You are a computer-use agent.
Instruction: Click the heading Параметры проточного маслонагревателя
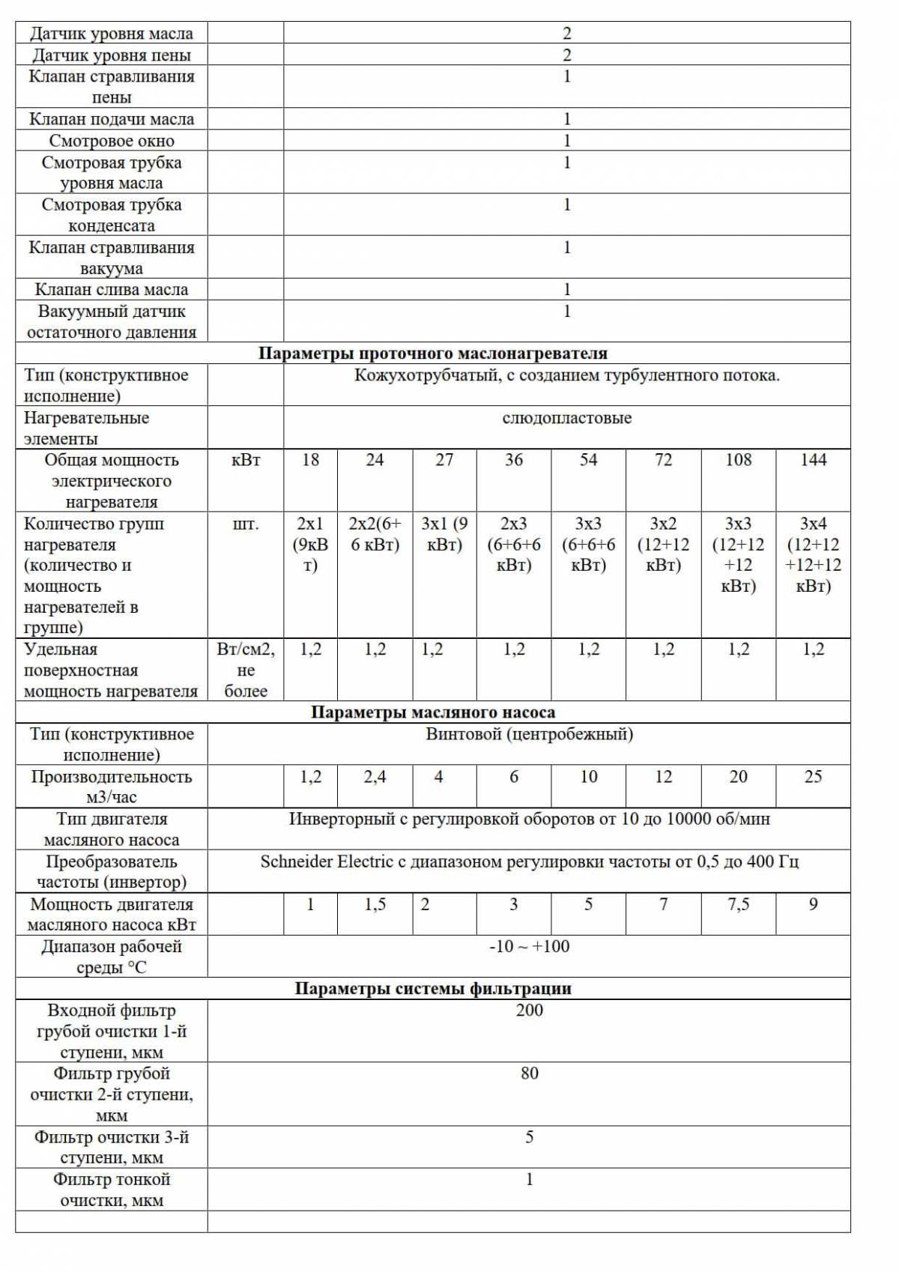pyautogui.click(x=432, y=354)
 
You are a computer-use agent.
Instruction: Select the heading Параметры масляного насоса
pyautogui.click(x=432, y=712)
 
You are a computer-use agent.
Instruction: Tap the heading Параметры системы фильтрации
pyautogui.click(x=432, y=989)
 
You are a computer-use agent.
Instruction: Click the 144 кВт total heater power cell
pyautogui.click(x=813, y=460)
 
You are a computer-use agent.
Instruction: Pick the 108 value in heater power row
pyautogui.click(x=738, y=460)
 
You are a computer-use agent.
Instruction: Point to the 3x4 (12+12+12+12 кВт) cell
pyautogui.click(x=813, y=554)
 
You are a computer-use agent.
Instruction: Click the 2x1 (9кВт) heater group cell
pyautogui.click(x=310, y=544)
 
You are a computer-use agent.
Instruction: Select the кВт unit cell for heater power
pyautogui.click(x=246, y=460)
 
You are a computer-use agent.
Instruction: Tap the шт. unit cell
pyautogui.click(x=246, y=524)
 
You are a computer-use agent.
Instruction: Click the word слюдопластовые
pyautogui.click(x=566, y=418)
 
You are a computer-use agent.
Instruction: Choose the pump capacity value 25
pyautogui.click(x=813, y=777)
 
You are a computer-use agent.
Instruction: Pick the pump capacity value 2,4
pyautogui.click(x=375, y=777)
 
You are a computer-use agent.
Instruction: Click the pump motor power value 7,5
pyautogui.click(x=738, y=904)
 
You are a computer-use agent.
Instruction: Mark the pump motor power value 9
pyautogui.click(x=813, y=904)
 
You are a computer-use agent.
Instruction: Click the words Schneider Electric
pyautogui.click(x=327, y=861)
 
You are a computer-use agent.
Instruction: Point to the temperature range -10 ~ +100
pyautogui.click(x=529, y=947)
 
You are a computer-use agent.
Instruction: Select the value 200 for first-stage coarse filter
pyautogui.click(x=529, y=1011)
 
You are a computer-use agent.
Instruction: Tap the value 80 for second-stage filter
pyautogui.click(x=529, y=1073)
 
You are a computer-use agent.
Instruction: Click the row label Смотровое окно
pyautogui.click(x=112, y=141)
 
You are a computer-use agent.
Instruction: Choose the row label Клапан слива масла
pyautogui.click(x=112, y=290)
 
